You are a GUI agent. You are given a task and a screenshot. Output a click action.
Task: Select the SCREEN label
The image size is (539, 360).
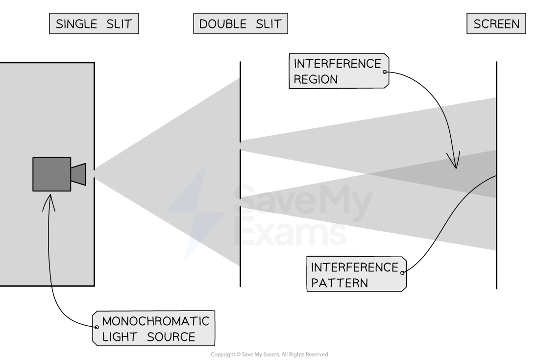click(496, 24)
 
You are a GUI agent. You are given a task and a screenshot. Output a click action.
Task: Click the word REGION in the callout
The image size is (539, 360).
click(316, 79)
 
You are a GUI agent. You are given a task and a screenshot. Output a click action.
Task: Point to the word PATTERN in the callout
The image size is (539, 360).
click(339, 283)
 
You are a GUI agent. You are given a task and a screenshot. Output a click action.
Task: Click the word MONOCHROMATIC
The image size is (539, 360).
click(155, 321)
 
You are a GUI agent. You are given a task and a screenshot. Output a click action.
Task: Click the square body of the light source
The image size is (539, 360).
click(51, 174)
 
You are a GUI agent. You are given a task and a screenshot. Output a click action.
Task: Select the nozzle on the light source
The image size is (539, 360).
click(78, 174)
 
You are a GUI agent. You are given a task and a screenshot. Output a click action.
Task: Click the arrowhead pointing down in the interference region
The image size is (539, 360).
click(454, 162)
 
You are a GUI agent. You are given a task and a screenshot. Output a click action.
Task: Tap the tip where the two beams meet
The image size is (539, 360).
click(364, 174)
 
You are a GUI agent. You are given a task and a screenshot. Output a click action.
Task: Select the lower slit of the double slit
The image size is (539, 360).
click(240, 202)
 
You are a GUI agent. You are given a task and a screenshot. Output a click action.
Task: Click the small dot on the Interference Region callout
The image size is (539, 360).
click(384, 72)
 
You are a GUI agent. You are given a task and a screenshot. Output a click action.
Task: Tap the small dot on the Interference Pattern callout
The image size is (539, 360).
click(402, 273)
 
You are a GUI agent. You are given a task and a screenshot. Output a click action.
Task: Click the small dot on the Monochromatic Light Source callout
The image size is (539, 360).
click(97, 327)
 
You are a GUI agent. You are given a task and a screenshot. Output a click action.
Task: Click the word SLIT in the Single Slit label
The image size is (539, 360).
click(120, 24)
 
